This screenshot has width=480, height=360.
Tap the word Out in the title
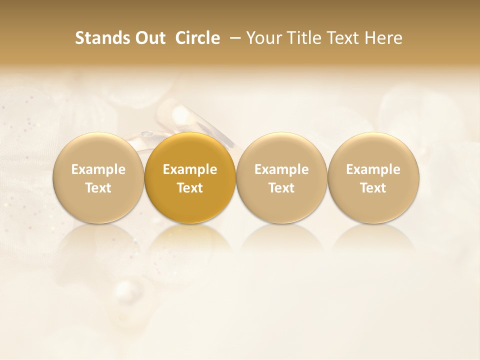pos(149,38)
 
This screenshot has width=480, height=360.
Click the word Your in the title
pos(263,38)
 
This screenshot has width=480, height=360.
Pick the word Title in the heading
pos(301,38)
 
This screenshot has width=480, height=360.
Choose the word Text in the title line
pos(340,38)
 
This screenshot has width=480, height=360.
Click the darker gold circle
pos(190,178)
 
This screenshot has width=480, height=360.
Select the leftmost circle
pos(98,178)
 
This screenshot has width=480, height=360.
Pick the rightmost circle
pos(373,178)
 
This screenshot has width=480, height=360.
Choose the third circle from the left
pos(281,178)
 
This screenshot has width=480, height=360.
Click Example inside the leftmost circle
pos(98,169)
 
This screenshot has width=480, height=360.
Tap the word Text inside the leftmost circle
pos(98,188)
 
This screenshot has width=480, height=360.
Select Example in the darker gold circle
pos(190,169)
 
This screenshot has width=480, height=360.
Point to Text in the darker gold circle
pos(190,188)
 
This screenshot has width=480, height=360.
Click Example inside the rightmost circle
pos(373,169)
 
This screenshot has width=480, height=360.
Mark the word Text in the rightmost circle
pos(373,188)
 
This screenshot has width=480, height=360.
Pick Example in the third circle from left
pos(281,169)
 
